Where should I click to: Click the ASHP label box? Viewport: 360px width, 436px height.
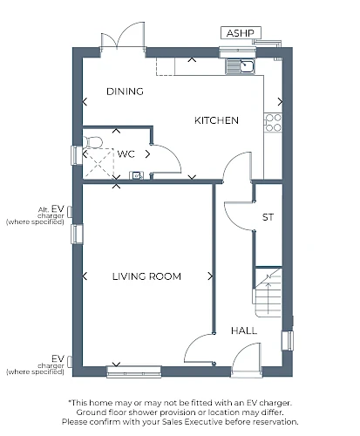[241, 33]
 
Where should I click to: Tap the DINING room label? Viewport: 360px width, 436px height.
[125, 92]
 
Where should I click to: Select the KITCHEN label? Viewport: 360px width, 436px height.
[216, 120]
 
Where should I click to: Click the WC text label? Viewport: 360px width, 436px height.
[126, 153]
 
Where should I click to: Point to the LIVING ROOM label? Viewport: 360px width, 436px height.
[146, 276]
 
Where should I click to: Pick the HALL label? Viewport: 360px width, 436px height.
[244, 330]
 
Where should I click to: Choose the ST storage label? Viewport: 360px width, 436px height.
[268, 217]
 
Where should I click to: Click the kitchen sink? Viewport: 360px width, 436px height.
[241, 66]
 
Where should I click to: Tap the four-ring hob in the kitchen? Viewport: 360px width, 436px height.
[273, 122]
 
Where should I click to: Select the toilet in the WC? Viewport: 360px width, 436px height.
[93, 142]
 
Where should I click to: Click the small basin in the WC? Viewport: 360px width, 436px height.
[136, 175]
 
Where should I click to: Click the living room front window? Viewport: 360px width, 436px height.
[134, 371]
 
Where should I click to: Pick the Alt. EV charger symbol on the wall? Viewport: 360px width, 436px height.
[70, 212]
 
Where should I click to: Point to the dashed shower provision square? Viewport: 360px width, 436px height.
[98, 163]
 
